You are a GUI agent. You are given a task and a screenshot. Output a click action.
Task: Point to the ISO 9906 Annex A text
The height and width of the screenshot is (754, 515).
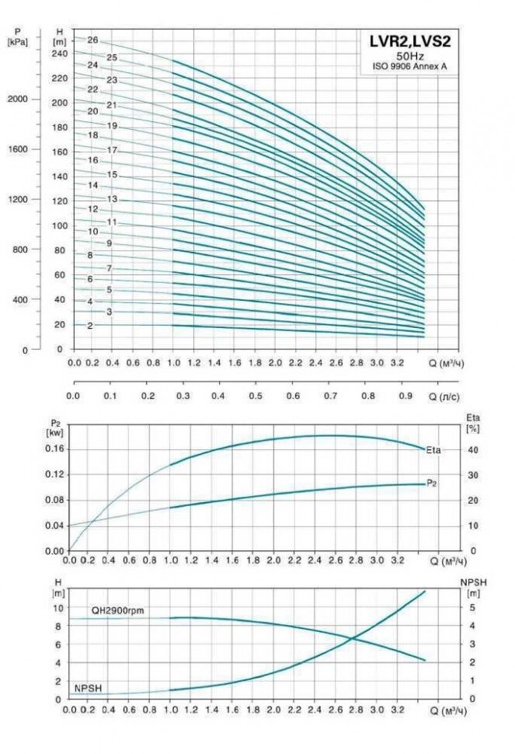409,67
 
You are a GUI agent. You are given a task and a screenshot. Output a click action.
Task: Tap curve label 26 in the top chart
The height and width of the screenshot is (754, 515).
92,40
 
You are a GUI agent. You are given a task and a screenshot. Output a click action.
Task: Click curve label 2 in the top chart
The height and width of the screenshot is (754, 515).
90,326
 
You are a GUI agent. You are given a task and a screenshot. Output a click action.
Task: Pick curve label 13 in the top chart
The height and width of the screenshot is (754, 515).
112,200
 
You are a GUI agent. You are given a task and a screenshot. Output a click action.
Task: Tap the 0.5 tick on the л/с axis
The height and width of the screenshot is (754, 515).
256,396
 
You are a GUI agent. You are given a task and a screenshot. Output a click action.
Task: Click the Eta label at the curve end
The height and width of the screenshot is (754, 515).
433,449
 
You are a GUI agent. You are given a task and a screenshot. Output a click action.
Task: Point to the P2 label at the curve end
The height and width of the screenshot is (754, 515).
432,483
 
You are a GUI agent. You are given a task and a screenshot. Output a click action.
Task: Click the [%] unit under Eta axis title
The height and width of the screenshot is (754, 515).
472,429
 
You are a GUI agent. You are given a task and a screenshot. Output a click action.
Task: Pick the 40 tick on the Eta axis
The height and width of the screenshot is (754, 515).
472,449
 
